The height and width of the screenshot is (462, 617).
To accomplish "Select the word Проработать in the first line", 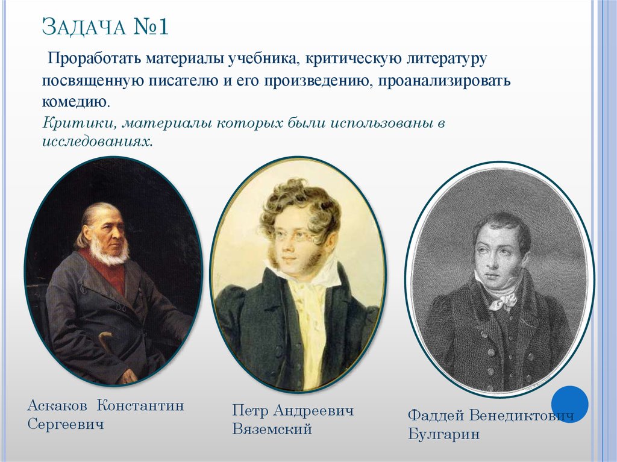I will (x=91, y=60).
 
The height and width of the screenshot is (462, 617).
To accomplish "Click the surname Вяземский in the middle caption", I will (x=272, y=429).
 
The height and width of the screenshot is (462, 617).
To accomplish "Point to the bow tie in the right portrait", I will (x=503, y=299).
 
